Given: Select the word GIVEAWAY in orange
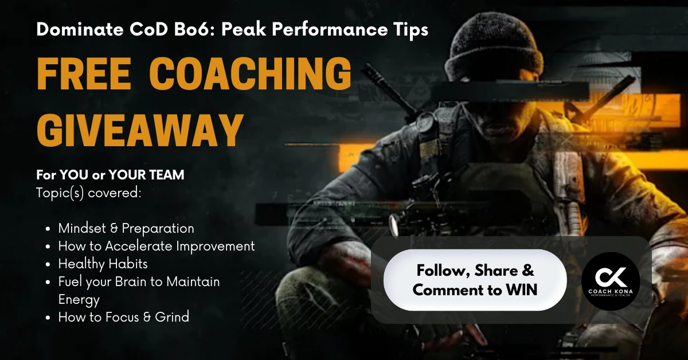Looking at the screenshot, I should point(138,131).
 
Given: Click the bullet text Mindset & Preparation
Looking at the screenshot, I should point(126,228).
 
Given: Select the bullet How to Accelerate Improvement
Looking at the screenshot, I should point(157,246).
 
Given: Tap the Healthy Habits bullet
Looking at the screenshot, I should point(103,264).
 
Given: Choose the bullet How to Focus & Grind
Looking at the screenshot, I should point(123,316).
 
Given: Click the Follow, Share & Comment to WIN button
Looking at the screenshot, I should point(475,280).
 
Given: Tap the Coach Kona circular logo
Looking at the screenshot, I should point(610,281).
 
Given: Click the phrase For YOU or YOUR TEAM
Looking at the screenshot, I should point(110,175).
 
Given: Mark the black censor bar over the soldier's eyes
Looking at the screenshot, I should point(510,91).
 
